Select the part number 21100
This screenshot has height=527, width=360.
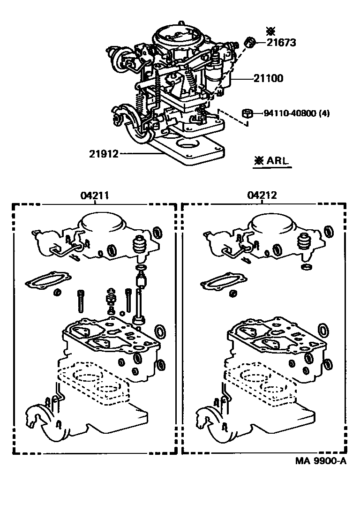coord(269,78)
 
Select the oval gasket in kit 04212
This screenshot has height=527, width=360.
coord(221,282)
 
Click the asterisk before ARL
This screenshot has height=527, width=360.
coord(258,160)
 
